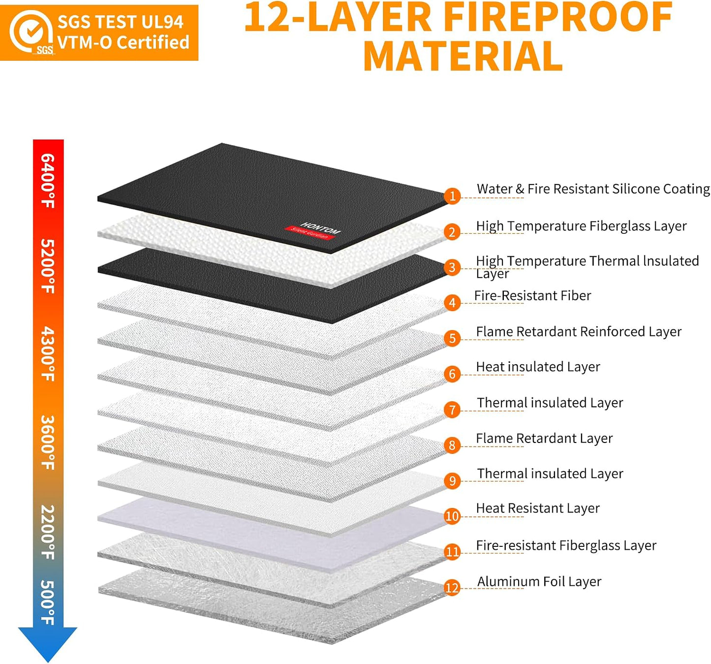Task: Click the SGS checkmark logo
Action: coord(31,32)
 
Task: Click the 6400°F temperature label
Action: coord(48,181)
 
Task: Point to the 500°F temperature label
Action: coord(48,602)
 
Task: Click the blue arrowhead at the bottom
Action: coord(48,644)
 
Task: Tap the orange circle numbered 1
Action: coord(452,196)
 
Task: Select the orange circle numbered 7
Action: coord(452,410)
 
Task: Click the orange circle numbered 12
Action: coord(452,588)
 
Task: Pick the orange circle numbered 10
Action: coord(452,516)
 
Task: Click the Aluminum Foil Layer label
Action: coord(539,582)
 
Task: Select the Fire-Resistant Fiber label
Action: coord(533,296)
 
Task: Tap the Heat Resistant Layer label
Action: coord(538,508)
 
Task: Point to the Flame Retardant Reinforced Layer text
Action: coord(579,332)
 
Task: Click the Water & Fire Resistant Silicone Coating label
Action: coord(593,189)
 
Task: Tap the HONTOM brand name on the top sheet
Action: coord(320,227)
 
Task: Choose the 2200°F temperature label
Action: coord(48,532)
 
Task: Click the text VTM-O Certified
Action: coord(123,42)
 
